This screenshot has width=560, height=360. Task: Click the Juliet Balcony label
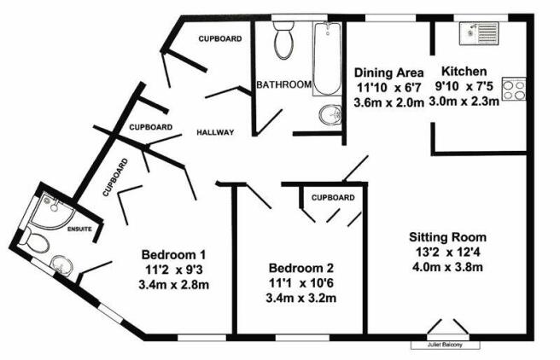[x=445, y=345]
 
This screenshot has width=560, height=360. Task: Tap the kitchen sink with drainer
[x=479, y=33]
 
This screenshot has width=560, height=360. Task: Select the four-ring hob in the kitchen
[x=514, y=89]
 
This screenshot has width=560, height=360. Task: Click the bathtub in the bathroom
[x=326, y=59]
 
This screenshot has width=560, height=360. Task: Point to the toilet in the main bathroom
[x=284, y=40]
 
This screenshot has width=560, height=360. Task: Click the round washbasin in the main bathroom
[x=330, y=115]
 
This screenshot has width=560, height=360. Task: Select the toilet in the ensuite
[x=35, y=242]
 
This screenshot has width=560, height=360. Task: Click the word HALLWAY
[x=215, y=132]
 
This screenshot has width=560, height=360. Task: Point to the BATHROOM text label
[x=284, y=84]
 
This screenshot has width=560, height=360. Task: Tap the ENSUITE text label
[x=79, y=229]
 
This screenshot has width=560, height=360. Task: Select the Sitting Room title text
[x=447, y=237]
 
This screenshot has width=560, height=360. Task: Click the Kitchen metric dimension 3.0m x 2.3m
[x=464, y=102]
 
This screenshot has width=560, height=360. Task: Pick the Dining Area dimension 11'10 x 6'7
[x=389, y=87]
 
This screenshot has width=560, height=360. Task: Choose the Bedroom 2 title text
[x=301, y=268]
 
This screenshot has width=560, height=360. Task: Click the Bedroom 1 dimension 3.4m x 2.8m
[x=173, y=285]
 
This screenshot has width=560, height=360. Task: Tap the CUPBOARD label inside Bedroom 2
[x=333, y=198]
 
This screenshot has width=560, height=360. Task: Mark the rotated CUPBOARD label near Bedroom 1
[x=115, y=177]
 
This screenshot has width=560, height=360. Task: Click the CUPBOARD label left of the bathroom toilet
[x=220, y=38]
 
